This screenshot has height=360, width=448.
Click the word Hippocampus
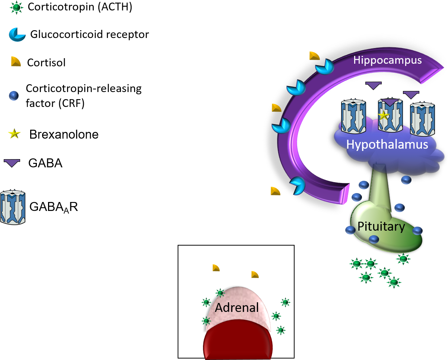[387, 60]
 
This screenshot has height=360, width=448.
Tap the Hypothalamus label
[387, 144]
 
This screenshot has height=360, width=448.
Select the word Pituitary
[381, 226]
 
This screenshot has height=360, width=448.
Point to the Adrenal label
[237, 307]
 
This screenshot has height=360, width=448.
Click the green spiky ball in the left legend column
[16, 7]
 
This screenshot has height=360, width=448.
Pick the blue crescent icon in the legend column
[17, 35]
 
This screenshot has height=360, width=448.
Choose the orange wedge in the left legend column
[16, 61]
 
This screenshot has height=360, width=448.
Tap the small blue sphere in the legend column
[14, 96]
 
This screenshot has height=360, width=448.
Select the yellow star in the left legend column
[14, 133]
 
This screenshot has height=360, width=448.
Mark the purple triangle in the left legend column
[12, 163]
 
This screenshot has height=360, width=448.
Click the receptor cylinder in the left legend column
[13, 207]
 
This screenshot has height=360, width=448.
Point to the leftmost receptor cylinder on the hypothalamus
[353, 117]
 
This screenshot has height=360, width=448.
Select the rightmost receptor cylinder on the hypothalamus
[422, 119]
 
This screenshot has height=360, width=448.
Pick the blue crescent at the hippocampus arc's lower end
[298, 185]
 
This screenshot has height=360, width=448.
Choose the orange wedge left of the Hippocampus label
[314, 56]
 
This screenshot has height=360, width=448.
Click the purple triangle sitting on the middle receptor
[390, 102]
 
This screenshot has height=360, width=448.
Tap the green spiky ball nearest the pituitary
[403, 259]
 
